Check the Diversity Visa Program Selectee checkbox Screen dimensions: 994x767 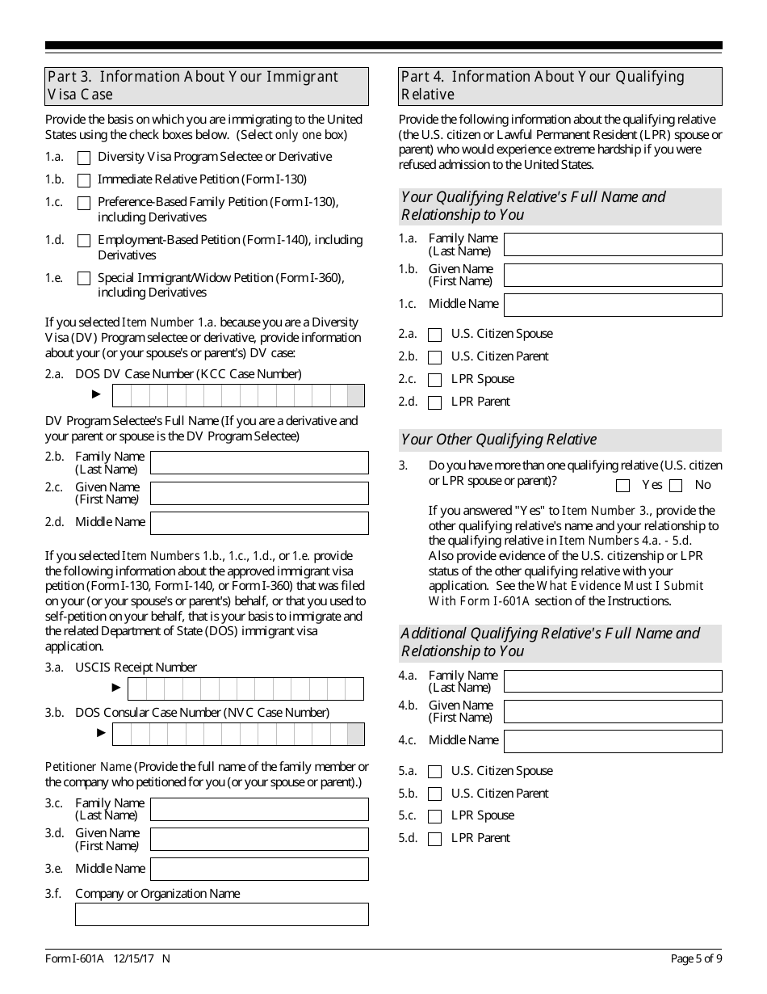84,158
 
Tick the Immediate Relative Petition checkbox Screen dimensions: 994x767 84,180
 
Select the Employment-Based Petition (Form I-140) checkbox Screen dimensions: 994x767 84,241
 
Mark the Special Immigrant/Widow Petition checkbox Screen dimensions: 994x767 84,279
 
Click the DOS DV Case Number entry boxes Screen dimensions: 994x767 238,395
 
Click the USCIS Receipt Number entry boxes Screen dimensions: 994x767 245,689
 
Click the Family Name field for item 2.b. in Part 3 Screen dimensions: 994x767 259,463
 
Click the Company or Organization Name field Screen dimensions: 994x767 222,914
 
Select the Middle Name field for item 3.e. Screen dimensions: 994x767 259,869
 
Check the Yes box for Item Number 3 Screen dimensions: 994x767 622,486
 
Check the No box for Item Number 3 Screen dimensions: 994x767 676,486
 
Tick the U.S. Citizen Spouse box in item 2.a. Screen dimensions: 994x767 435,335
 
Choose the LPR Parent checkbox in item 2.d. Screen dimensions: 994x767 435,402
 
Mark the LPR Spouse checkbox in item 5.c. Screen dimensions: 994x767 435,816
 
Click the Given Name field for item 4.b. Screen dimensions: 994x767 613,711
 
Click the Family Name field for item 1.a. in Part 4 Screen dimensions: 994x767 613,244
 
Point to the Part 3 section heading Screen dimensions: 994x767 207,86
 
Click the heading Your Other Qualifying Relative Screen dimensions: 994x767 499,440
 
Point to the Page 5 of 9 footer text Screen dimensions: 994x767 696,959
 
